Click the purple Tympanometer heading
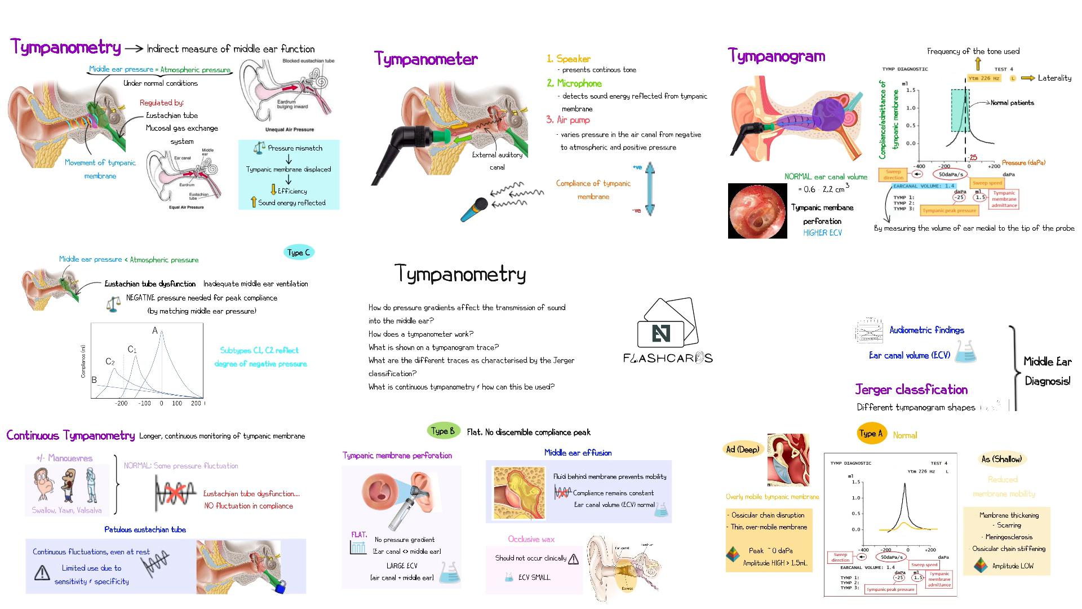[425, 59]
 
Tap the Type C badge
[299, 253]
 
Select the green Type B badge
[442, 431]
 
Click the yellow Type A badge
[871, 434]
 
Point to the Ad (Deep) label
[742, 449]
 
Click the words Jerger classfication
[911, 390]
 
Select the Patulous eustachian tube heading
[145, 529]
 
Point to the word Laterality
[1054, 78]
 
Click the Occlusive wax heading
[531, 539]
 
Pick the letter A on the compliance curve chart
[155, 331]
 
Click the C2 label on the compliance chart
[110, 361]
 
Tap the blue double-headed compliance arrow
[650, 189]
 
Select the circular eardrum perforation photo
[757, 211]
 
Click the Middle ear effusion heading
[578, 453]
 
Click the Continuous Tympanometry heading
[70, 435]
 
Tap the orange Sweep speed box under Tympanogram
[987, 183]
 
